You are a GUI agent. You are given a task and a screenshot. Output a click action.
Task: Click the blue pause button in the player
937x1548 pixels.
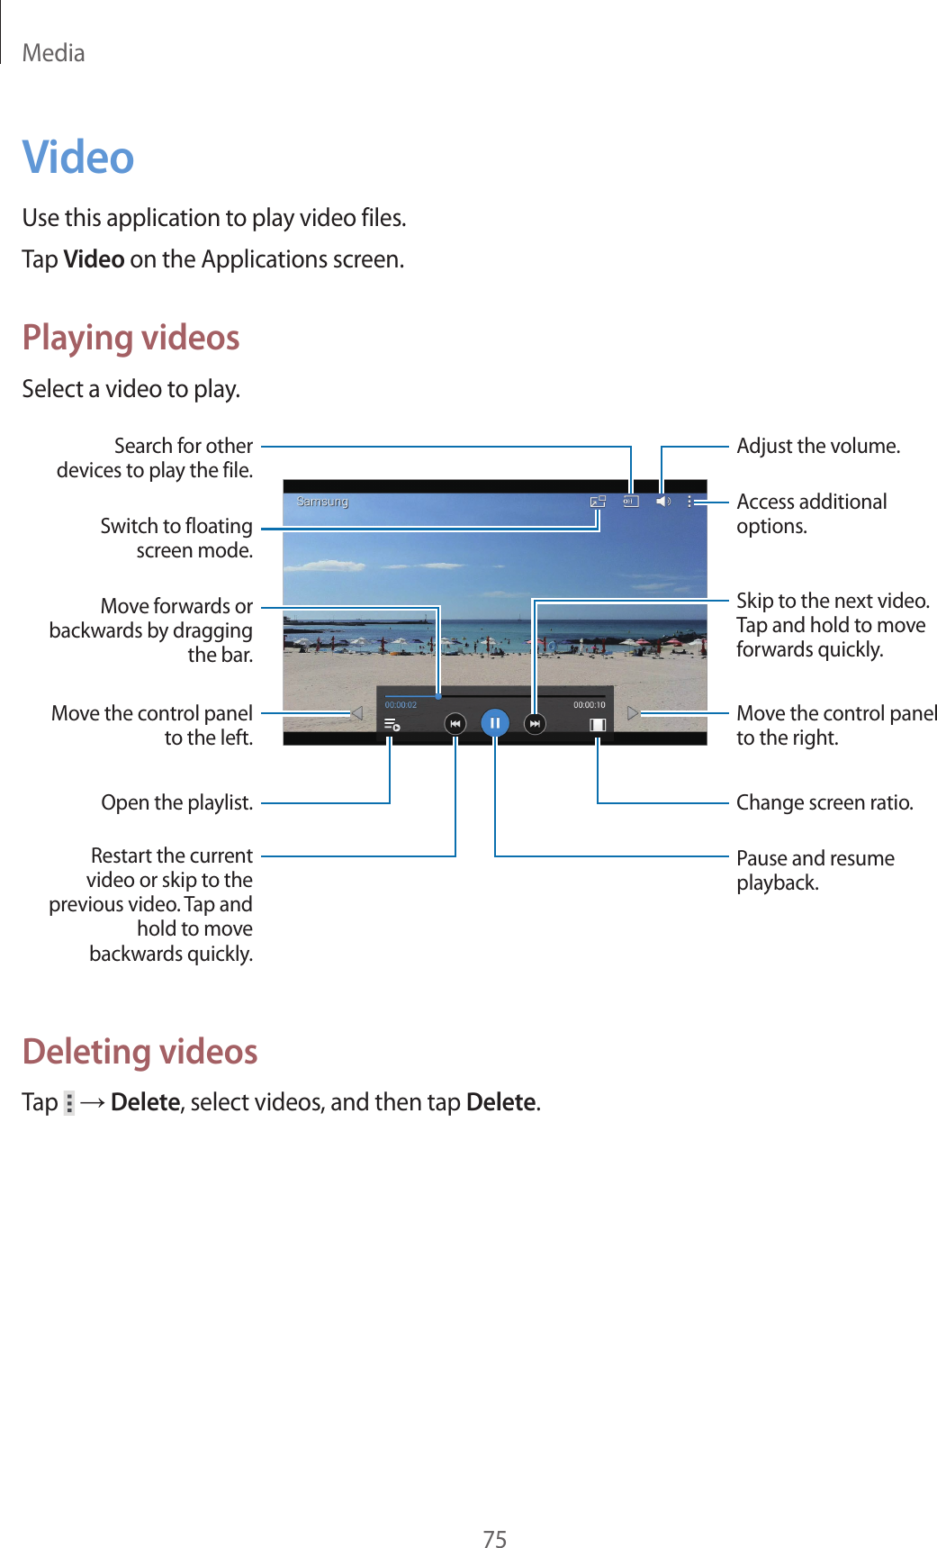[x=495, y=723]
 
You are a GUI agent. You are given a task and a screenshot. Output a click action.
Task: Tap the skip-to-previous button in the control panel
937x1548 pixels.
[x=455, y=723]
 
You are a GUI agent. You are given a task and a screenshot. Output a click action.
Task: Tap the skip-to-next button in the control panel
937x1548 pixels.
[x=535, y=723]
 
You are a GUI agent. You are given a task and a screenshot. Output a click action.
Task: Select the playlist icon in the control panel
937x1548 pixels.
[x=392, y=724]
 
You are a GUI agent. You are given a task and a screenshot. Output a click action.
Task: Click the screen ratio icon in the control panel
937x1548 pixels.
[x=598, y=724]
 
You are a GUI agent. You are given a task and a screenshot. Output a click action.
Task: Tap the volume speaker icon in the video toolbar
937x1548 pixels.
[x=662, y=502]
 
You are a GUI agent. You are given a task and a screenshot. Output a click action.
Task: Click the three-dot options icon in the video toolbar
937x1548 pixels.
[x=690, y=502]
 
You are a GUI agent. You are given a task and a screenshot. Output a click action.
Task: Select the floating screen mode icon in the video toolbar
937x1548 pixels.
[x=598, y=502]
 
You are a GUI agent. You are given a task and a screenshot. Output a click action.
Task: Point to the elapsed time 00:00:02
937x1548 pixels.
[x=401, y=705]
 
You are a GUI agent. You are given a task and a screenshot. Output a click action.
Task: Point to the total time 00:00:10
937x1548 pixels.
[x=590, y=705]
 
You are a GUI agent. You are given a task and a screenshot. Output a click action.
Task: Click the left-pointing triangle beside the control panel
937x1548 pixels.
[x=356, y=713]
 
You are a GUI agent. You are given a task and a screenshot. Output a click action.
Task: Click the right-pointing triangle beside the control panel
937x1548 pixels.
[x=633, y=713]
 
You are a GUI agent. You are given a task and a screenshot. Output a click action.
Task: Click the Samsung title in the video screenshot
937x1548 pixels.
[x=322, y=502]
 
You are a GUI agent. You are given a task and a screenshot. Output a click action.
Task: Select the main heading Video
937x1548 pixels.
[x=78, y=158]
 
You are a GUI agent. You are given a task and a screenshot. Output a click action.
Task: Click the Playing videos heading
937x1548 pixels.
[x=131, y=338]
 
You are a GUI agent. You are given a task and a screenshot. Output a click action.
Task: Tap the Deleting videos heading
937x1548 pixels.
[x=140, y=1052]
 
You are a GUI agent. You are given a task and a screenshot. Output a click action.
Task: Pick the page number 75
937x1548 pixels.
[x=495, y=1539]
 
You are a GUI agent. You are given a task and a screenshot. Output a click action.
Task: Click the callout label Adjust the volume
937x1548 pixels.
[x=818, y=447]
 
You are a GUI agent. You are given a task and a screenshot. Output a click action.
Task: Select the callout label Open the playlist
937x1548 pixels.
[x=176, y=802]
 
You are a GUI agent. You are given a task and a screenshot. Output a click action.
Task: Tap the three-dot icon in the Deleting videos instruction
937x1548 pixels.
[x=69, y=1103]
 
